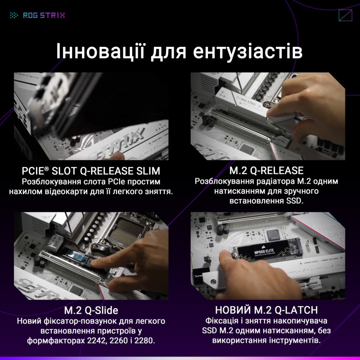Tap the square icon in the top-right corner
345,15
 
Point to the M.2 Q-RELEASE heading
266,171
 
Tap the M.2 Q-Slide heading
91,310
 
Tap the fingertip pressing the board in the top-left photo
118,155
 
